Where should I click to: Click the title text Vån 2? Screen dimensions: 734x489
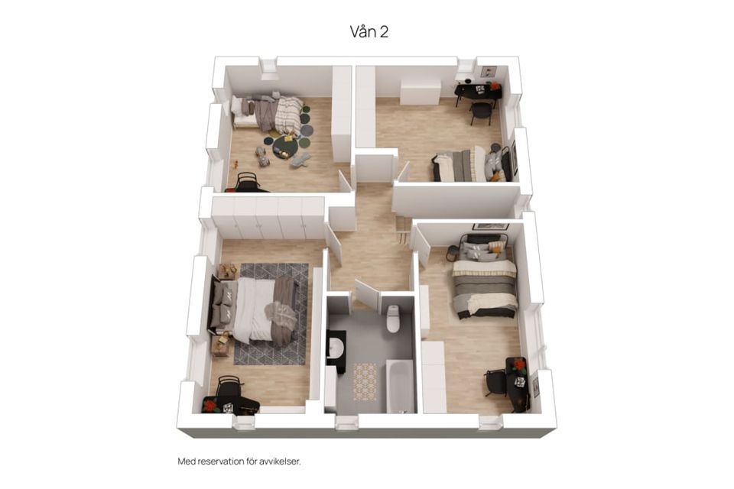(369, 31)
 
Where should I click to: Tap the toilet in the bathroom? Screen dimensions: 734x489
(393, 318)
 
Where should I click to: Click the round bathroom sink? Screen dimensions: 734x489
(336, 348)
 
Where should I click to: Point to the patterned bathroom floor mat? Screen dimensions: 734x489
(365, 382)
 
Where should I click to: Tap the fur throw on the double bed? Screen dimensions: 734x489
(281, 315)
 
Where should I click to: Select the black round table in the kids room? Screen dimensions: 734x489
(285, 147)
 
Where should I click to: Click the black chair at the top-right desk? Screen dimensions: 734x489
(481, 112)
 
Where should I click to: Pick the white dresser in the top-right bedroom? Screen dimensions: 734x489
(420, 92)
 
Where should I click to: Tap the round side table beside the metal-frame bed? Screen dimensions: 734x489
(451, 253)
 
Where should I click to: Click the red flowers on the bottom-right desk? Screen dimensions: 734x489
(518, 364)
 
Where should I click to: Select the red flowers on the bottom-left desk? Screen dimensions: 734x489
(211, 405)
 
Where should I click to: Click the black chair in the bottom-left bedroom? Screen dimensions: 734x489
(229, 388)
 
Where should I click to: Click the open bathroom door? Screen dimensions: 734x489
(368, 295)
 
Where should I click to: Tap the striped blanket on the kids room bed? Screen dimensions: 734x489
(289, 115)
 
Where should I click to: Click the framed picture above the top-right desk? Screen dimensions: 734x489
(488, 72)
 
